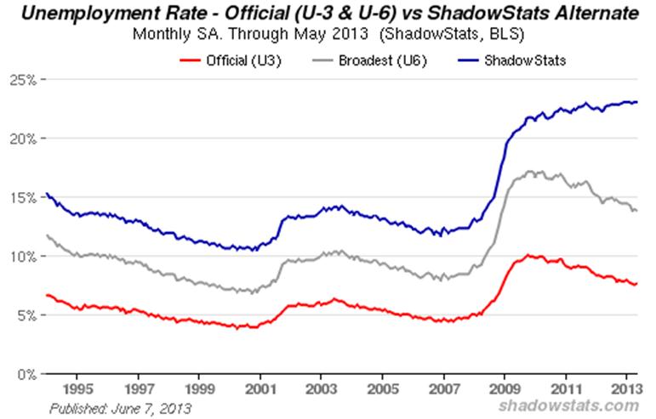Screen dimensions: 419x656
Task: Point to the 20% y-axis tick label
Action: coord(21,138)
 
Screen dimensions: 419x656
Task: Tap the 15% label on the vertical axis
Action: coord(21,197)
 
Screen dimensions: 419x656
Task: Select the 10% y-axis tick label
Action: coord(21,256)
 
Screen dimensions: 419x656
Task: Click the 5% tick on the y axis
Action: coord(25,314)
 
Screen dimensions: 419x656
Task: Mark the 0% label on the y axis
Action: coord(25,374)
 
